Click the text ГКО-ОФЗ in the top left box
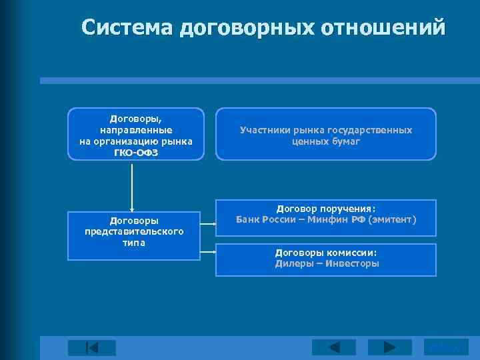pyautogui.click(x=136, y=152)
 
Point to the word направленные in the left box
pyautogui.click(x=136, y=130)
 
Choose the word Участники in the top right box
pyautogui.click(x=264, y=131)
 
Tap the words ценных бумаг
pyautogui.click(x=325, y=141)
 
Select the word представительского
pyautogui.click(x=134, y=231)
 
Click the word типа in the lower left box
pyautogui.click(x=135, y=242)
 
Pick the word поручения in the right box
pyautogui.click(x=347, y=209)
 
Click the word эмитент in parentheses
pyautogui.click(x=393, y=219)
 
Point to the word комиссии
pyautogui.click(x=351, y=253)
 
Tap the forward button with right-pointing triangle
pyautogui.click(x=389, y=347)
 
